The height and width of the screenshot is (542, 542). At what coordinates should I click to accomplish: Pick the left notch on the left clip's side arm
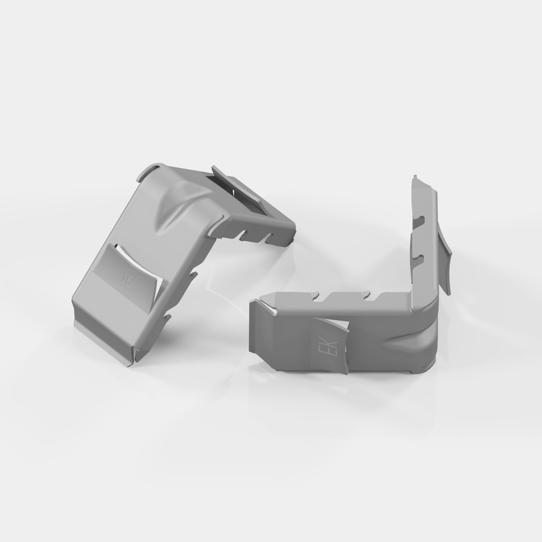(x=243, y=236)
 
